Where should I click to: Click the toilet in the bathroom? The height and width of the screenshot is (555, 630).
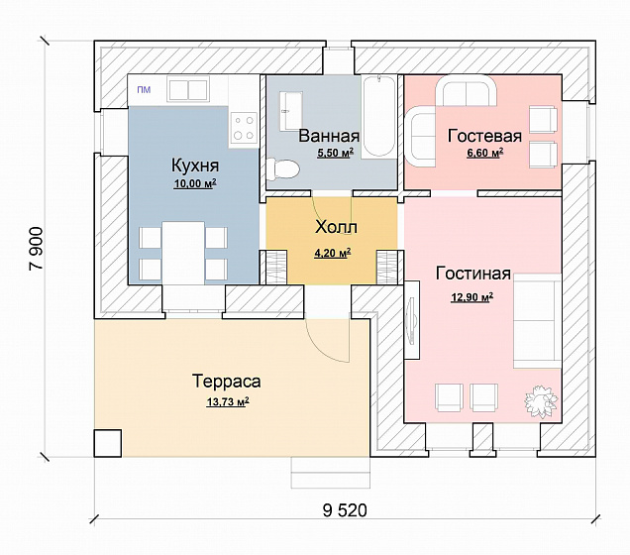click(283, 169)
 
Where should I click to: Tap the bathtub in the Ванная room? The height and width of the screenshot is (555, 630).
click(378, 117)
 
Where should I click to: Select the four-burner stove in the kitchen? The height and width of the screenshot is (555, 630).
click(244, 128)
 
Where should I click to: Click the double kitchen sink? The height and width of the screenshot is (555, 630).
click(188, 89)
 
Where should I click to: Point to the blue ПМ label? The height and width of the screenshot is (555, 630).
click(144, 89)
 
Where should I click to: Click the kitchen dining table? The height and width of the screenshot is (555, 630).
click(183, 253)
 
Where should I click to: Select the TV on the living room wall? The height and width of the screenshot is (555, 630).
click(411, 319)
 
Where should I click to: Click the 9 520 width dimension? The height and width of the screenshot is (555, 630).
click(345, 510)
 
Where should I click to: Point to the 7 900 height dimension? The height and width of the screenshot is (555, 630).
click(36, 249)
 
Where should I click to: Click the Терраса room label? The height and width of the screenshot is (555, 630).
click(227, 381)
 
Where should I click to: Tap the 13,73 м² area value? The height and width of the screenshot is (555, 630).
click(228, 401)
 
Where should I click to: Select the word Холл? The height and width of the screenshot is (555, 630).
click(336, 227)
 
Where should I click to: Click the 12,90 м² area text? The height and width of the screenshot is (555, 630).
click(472, 297)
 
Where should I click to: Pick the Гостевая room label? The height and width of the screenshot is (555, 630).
click(484, 136)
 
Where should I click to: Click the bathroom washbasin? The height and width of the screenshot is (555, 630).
click(290, 111)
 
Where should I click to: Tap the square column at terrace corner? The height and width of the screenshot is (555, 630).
click(108, 443)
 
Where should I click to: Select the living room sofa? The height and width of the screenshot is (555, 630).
click(537, 321)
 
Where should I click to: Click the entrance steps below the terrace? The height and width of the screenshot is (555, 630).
click(330, 472)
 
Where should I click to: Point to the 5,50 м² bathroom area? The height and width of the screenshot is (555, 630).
click(336, 153)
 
